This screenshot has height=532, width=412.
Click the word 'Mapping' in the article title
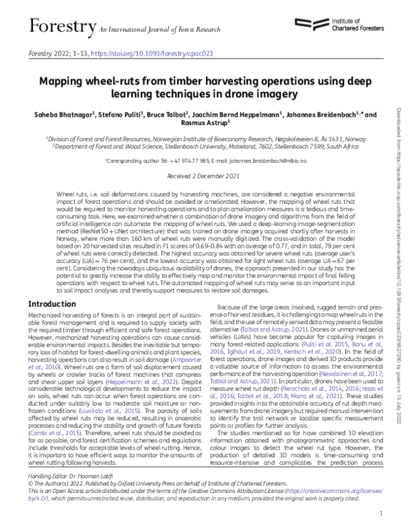click(69, 80)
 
